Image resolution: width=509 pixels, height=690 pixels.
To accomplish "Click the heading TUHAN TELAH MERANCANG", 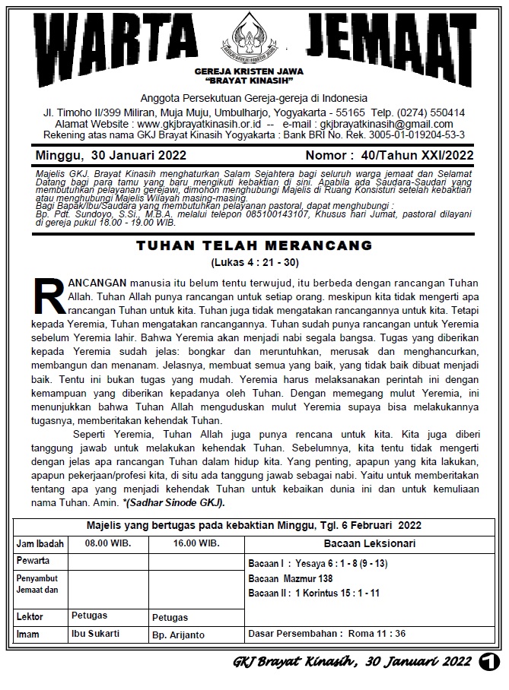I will point(253,245).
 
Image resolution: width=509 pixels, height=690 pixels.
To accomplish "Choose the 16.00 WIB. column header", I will point(196,544).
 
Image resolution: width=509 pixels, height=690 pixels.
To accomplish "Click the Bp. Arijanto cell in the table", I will point(179,634).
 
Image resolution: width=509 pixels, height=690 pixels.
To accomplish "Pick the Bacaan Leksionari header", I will point(369,544).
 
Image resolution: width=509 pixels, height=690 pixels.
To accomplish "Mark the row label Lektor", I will point(30,616).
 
